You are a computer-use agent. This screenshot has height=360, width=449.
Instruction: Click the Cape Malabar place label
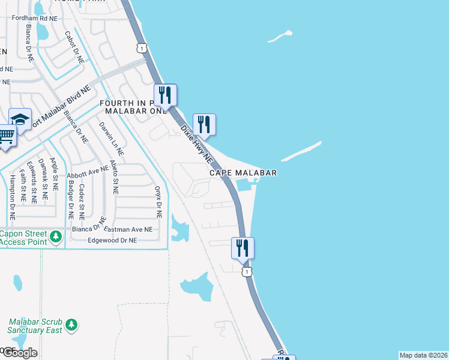(243, 173)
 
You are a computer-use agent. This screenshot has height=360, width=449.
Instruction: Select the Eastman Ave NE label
(128, 229)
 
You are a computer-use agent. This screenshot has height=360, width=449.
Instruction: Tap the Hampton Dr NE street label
(11, 196)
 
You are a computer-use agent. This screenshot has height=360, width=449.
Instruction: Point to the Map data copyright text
(423, 355)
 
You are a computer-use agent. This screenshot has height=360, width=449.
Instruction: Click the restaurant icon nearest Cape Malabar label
(203, 125)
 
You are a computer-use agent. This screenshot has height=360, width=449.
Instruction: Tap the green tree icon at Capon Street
(56, 237)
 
